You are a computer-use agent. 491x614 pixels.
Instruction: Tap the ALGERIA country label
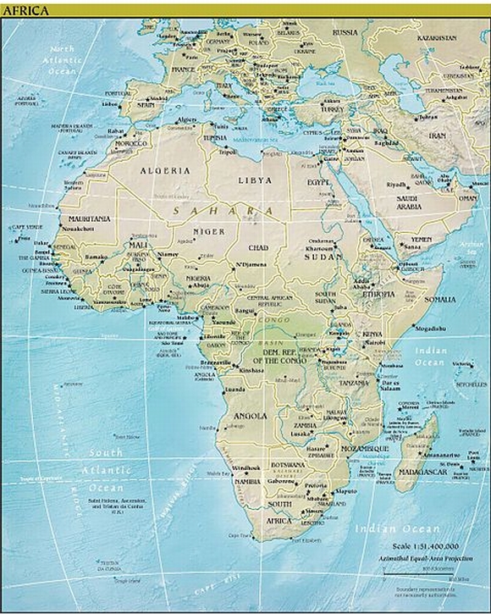[x=164, y=170]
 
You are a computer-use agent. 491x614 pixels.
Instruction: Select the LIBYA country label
[x=254, y=180]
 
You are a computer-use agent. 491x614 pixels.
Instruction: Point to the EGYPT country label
[x=318, y=182]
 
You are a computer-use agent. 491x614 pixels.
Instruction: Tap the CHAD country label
[x=257, y=248]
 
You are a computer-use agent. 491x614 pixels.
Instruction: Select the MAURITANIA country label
[x=87, y=218]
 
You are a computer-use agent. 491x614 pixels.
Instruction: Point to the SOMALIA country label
[x=440, y=299]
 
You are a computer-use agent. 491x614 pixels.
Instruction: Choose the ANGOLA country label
[x=250, y=416]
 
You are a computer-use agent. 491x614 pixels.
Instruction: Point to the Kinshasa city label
[x=252, y=371]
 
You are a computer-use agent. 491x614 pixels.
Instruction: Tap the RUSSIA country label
[x=345, y=32]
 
